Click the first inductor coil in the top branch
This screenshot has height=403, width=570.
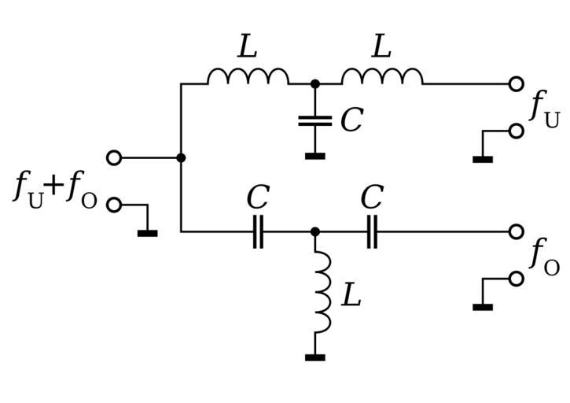point(248,76)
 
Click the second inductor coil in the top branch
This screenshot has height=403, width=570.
point(382,76)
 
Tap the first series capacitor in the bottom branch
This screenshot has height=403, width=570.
point(258,232)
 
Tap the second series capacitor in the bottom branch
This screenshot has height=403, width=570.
point(372,232)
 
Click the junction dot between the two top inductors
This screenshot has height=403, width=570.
point(314,83)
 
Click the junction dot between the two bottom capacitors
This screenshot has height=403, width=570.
point(314,232)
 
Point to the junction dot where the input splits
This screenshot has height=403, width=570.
point(181,157)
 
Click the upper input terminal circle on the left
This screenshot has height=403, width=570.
point(114,157)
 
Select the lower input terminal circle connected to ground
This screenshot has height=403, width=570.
point(114,205)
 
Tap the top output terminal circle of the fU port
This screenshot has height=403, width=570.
point(516,83)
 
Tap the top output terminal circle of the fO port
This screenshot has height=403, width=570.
point(516,232)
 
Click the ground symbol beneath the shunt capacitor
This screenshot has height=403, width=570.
point(314,156)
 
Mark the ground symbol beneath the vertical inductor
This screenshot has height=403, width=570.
point(314,357)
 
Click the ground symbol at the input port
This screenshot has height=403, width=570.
point(147,232)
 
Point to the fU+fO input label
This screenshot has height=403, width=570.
point(55,190)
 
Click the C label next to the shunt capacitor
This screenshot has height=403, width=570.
point(351,120)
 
